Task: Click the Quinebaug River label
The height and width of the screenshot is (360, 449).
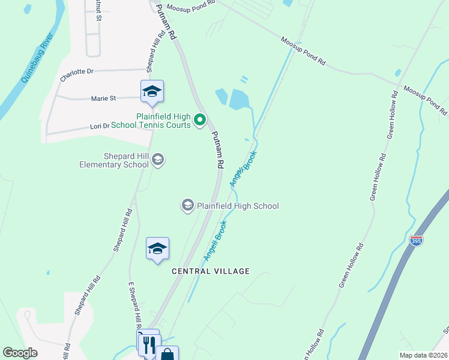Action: pyautogui.click(x=38, y=59)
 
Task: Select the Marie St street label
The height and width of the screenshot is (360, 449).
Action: pyautogui.click(x=103, y=98)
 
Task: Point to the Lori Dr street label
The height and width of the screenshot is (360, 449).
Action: pyautogui.click(x=100, y=126)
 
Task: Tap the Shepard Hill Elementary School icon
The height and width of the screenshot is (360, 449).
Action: pyautogui.click(x=158, y=160)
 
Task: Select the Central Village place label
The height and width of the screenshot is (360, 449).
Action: pyautogui.click(x=210, y=271)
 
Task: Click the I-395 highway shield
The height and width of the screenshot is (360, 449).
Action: pyautogui.click(x=417, y=241)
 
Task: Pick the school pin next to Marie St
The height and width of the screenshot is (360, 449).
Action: pyautogui.click(x=152, y=91)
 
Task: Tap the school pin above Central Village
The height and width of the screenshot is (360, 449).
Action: pyautogui.click(x=157, y=248)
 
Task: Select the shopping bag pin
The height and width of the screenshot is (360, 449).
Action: pyautogui.click(x=167, y=355)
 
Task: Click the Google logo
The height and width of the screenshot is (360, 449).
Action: pyautogui.click(x=20, y=353)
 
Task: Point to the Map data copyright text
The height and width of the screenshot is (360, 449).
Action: pyautogui.click(x=423, y=355)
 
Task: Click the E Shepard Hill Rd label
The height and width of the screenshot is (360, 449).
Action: pyautogui.click(x=134, y=305)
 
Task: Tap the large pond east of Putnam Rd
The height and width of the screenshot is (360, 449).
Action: pyautogui.click(x=239, y=99)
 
